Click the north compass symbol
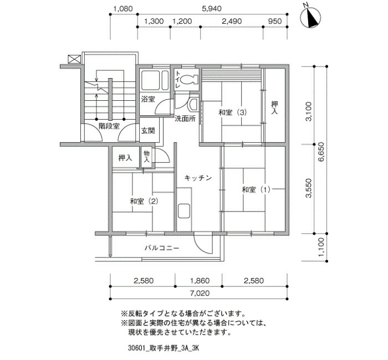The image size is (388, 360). pos(310,18)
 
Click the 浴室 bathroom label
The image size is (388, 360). pos(148,99)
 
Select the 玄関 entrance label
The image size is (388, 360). pos(148,131)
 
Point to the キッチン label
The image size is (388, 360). pos(198,178)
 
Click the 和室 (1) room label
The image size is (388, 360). pos(256,189)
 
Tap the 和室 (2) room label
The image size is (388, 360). pos(144,201)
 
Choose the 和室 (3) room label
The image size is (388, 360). pos(233,112)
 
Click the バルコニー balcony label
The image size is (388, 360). pos(162,248)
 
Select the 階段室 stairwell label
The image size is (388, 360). pos(109,126)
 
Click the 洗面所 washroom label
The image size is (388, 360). pos(185,119)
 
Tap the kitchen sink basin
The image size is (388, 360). pos(184,211)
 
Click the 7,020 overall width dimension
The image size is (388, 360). pos(200,293)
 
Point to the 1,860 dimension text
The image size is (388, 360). pos(200,281)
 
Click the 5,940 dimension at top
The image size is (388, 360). pos(212,9)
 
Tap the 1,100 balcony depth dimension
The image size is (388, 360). pos(321,247)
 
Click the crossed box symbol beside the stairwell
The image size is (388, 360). pos(74,59)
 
